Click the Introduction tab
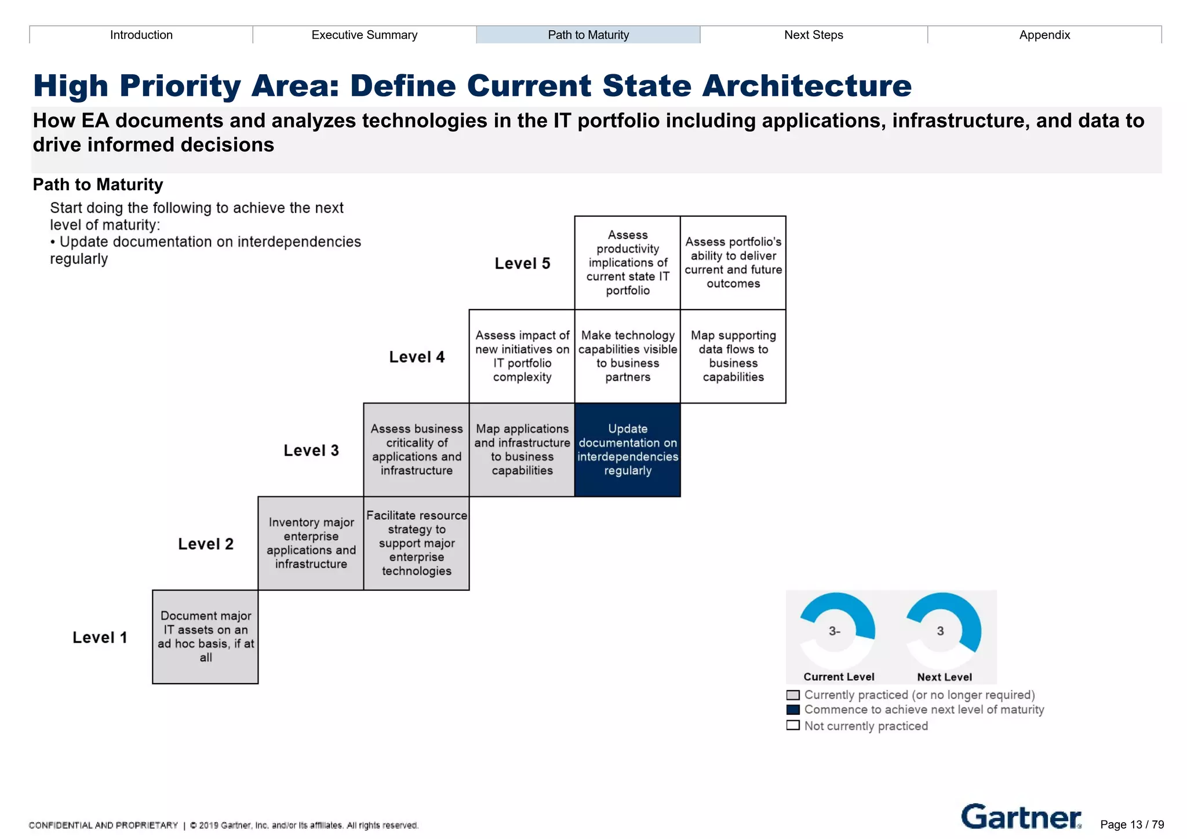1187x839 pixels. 141,35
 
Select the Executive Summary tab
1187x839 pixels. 365,35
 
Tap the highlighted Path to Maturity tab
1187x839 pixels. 588,35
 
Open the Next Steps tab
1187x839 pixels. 813,35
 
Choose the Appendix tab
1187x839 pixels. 1044,35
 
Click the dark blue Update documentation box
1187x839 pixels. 628,450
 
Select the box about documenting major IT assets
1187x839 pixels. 206,637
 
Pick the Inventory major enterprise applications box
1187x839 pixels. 311,543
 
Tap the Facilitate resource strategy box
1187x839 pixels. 417,543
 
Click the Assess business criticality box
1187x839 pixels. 417,450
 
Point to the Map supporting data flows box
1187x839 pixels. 733,356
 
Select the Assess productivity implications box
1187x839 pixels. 628,263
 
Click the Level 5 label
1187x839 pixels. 522,263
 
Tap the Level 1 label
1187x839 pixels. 100,637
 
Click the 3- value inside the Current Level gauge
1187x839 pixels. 834,631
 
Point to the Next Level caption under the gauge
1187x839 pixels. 944,677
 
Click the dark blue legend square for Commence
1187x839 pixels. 793,710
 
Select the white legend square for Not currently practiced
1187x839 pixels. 793,725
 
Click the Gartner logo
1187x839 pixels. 1021,817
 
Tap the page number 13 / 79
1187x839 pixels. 1132,825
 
